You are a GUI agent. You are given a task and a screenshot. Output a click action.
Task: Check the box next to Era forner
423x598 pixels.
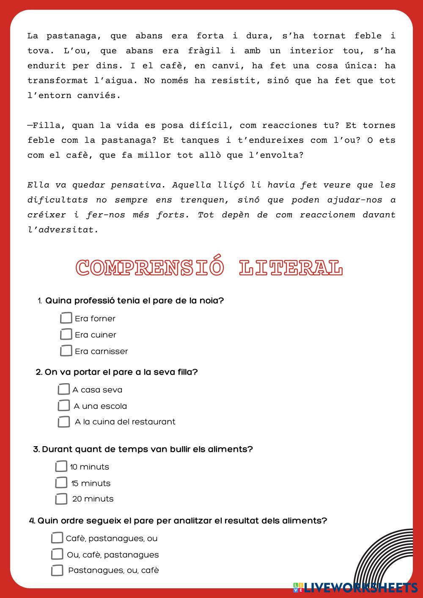pyautogui.click(x=66, y=318)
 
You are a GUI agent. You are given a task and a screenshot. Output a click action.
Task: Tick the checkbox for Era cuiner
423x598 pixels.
pyautogui.click(x=66, y=334)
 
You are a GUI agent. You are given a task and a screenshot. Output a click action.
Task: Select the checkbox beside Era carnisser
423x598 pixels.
pyautogui.click(x=66, y=351)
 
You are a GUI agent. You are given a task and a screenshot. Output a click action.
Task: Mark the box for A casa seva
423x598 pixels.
pyautogui.click(x=63, y=389)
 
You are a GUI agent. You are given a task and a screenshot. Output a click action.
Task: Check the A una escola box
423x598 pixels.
pyautogui.click(x=63, y=406)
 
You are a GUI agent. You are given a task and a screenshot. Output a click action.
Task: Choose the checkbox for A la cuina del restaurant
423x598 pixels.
pyautogui.click(x=63, y=422)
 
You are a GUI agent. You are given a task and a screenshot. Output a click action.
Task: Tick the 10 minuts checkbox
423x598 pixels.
pyautogui.click(x=61, y=466)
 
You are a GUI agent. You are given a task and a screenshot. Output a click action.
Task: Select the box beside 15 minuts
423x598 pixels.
pyautogui.click(x=61, y=483)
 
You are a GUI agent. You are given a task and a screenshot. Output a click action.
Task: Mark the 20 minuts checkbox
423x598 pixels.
pyautogui.click(x=61, y=499)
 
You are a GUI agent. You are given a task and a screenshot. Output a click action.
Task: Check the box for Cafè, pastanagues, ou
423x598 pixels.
pyautogui.click(x=57, y=538)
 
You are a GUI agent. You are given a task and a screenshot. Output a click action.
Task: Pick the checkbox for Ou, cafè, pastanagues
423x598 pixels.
pyautogui.click(x=57, y=554)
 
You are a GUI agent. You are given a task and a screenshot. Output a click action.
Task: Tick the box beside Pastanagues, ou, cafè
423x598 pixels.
pyautogui.click(x=57, y=570)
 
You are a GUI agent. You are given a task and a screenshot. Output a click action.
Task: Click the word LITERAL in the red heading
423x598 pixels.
pyautogui.click(x=291, y=268)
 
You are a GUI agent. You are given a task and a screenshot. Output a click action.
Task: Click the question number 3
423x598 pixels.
pyautogui.click(x=36, y=449)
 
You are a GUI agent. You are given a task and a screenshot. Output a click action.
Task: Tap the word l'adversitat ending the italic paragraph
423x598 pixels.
pyautogui.click(x=63, y=230)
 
